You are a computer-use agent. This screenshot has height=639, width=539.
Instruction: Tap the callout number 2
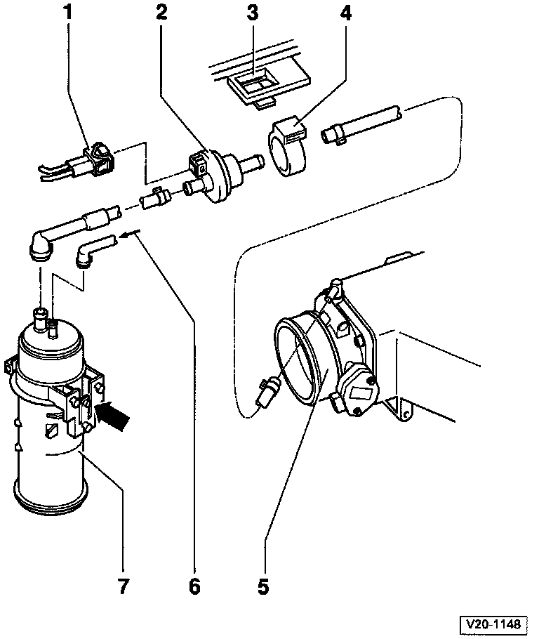click(x=163, y=12)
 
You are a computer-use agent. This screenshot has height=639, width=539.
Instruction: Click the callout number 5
click(x=263, y=586)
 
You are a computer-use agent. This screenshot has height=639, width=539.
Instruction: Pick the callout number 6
click(x=194, y=586)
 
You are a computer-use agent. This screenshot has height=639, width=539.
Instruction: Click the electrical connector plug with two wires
click(x=94, y=160)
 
